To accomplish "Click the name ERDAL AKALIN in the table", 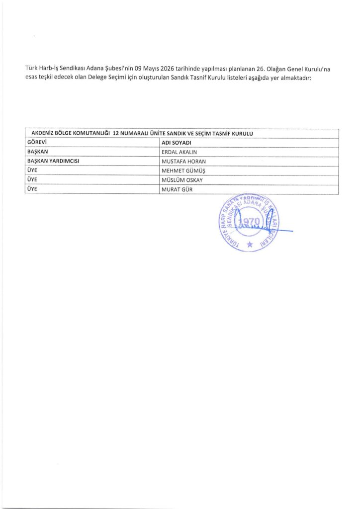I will pyautogui.click(x=180, y=152).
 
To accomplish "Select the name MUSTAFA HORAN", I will pyautogui.click(x=183, y=162).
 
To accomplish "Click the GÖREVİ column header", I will pyautogui.click(x=36, y=143).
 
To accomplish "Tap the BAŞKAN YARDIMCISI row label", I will pyautogui.click(x=54, y=162).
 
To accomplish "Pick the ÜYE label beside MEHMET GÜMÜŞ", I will pyautogui.click(x=32, y=170).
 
